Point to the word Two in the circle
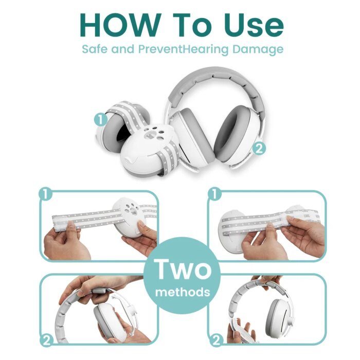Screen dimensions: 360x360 point(183,268)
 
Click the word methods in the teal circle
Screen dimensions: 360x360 point(183,292)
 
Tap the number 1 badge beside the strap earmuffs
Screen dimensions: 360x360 point(101,120)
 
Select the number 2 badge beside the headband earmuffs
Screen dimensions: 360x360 point(259,149)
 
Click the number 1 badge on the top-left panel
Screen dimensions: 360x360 point(46,194)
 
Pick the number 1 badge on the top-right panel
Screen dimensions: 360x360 point(214,194)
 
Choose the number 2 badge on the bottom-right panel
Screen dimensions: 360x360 point(216,340)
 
